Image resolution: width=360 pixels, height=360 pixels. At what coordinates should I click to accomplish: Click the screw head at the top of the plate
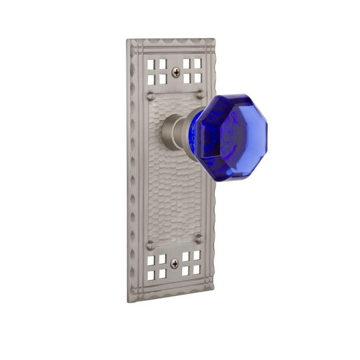pyautogui.click(x=176, y=73)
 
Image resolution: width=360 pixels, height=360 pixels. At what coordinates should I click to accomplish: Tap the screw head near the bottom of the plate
pyautogui.click(x=174, y=264)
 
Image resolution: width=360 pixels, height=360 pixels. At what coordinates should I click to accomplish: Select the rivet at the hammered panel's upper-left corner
pyautogui.click(x=151, y=96)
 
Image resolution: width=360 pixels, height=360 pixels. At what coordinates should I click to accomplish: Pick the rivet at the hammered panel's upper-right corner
pyautogui.click(x=200, y=95)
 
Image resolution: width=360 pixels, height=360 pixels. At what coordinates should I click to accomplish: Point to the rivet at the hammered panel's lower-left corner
pyautogui.click(x=151, y=246)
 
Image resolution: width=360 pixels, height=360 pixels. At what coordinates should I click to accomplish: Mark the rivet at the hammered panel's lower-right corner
pyautogui.click(x=199, y=238)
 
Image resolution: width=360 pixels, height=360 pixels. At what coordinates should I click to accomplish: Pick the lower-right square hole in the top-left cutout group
pyautogui.click(x=163, y=79)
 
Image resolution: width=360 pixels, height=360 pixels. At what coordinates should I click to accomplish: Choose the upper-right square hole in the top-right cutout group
pyautogui.click(x=197, y=63)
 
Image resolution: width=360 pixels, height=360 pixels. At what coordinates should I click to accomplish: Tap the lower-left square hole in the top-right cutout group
pyautogui.click(x=187, y=78)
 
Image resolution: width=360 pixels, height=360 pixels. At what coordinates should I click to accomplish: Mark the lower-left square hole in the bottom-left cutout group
pyautogui.click(x=151, y=275)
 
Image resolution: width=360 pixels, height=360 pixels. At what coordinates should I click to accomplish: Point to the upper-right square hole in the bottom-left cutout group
pyautogui.click(x=163, y=259)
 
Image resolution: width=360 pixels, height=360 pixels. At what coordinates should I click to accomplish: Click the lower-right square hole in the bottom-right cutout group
pyautogui.click(x=197, y=269)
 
